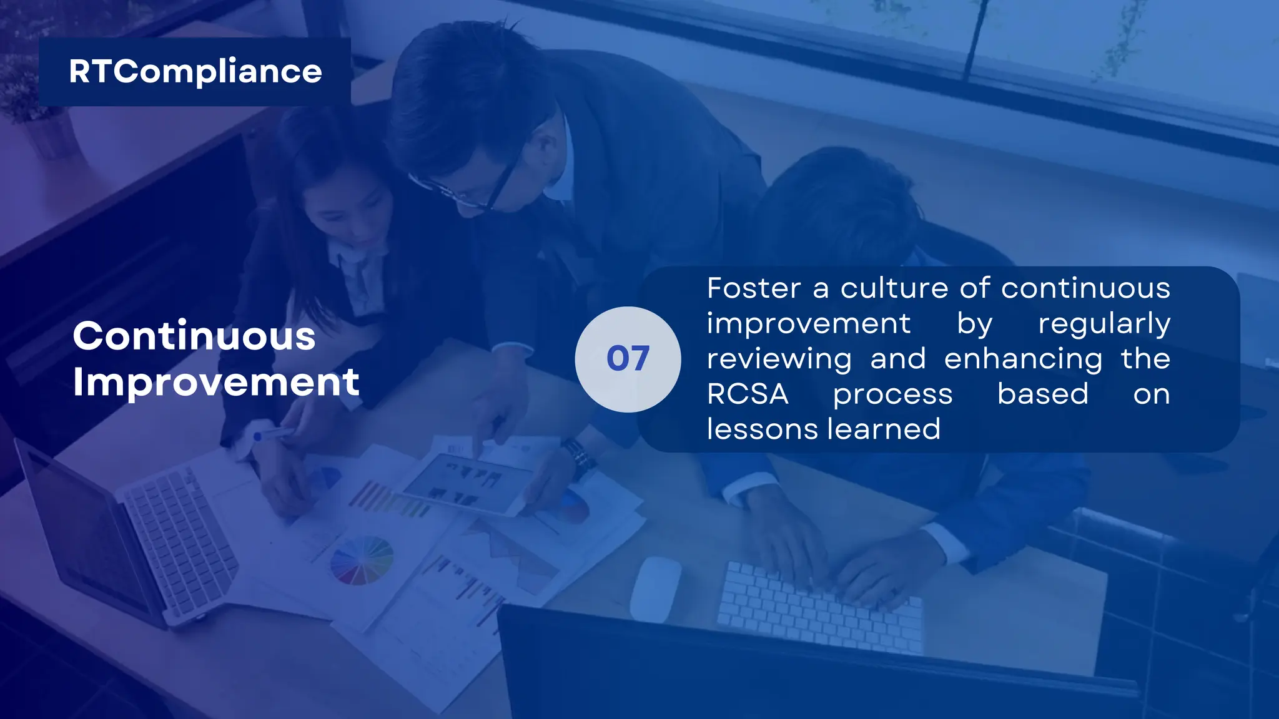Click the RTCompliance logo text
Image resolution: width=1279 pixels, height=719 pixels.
(x=195, y=71)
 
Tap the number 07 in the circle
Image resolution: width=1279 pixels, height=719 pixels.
(x=628, y=359)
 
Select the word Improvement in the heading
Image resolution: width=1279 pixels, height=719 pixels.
(x=216, y=381)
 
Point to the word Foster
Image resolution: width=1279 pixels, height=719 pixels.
(x=754, y=288)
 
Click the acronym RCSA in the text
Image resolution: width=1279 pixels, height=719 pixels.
(x=748, y=394)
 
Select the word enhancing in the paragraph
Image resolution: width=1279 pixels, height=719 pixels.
(x=1023, y=359)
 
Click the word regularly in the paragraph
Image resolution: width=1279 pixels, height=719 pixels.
(x=1104, y=324)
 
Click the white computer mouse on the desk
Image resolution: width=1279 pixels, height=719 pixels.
(x=654, y=589)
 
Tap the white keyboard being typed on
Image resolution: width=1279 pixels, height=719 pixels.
(x=818, y=605)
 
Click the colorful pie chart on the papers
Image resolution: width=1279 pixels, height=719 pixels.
(x=362, y=560)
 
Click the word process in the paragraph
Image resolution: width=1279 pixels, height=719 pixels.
(x=892, y=394)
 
